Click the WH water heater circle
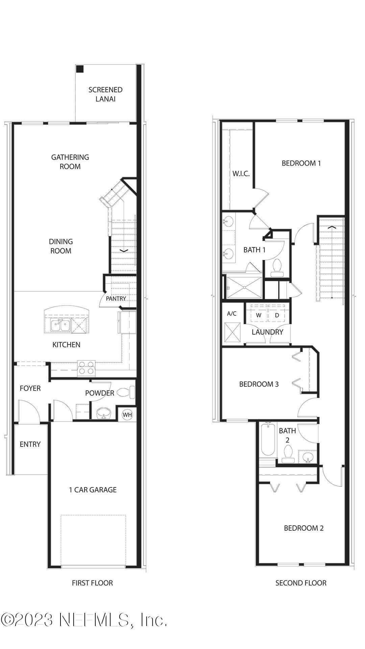pyautogui.click(x=127, y=414)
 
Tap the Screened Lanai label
pyautogui.click(x=105, y=94)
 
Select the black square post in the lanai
pyautogui.click(x=80, y=69)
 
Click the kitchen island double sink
pyautogui.click(x=60, y=326)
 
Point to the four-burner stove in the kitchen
pyautogui.click(x=86, y=367)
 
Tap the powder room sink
pyautogui.click(x=104, y=413)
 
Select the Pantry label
pyautogui.click(x=116, y=299)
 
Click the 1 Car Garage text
pyautogui.click(x=93, y=489)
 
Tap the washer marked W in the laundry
pyautogui.click(x=259, y=315)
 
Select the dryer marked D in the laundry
pyautogui.click(x=277, y=315)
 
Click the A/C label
pyautogui.click(x=232, y=314)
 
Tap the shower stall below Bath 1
pyautogui.click(x=244, y=288)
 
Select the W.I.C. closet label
pyautogui.click(x=241, y=174)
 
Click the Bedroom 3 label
pyautogui.click(x=259, y=384)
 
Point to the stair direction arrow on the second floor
pyautogui.click(x=332, y=227)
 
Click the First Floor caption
pyautogui.click(x=92, y=583)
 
